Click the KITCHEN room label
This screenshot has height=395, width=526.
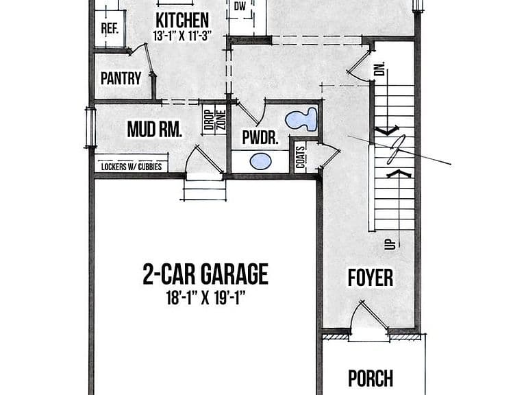[182, 21]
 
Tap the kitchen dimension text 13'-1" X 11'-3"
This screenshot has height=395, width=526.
[183, 36]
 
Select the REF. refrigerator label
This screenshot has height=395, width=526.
[110, 28]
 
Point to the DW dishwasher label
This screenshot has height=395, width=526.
[240, 6]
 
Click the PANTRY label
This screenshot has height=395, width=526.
[121, 79]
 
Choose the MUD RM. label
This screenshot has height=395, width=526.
[155, 130]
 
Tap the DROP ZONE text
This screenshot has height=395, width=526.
[215, 120]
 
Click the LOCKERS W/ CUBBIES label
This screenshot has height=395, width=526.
[131, 167]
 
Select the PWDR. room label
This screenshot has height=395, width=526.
[260, 137]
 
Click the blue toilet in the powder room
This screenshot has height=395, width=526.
[301, 119]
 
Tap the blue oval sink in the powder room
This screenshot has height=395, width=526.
[261, 161]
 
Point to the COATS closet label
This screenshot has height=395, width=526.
[301, 157]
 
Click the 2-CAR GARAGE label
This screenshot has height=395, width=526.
[205, 274]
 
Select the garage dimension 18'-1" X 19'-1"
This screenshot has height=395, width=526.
[206, 298]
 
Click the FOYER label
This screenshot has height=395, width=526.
[371, 278]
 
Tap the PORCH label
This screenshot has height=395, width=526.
[371, 379]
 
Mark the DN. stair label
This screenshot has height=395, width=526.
[381, 69]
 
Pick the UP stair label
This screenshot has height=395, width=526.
[391, 244]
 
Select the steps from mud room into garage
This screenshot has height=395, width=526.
[204, 191]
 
